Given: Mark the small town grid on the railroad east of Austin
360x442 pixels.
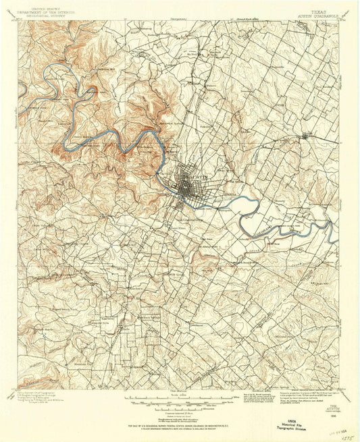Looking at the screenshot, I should tap(307, 136).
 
